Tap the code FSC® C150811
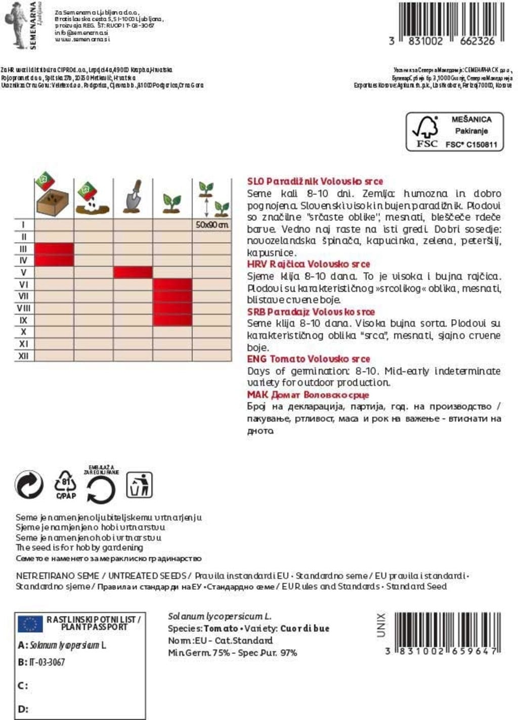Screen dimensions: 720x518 [x=471, y=144]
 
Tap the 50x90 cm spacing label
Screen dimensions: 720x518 [x=212, y=224]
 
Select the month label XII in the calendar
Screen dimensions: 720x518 [x=23, y=356]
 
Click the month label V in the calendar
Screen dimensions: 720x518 [x=23, y=273]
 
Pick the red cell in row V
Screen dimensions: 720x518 [x=133, y=273]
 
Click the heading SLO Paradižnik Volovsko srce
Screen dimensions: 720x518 [x=315, y=181]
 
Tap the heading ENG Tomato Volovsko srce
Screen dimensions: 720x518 [x=308, y=359]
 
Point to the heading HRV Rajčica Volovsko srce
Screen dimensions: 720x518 [x=308, y=264]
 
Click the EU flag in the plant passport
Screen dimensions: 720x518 [x=30, y=624]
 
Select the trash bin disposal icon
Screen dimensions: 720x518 [x=139, y=485]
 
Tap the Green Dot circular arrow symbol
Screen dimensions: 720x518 [x=29, y=485]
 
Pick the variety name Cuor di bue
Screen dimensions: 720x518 [x=305, y=628]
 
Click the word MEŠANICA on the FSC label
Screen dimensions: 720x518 [x=471, y=120]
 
